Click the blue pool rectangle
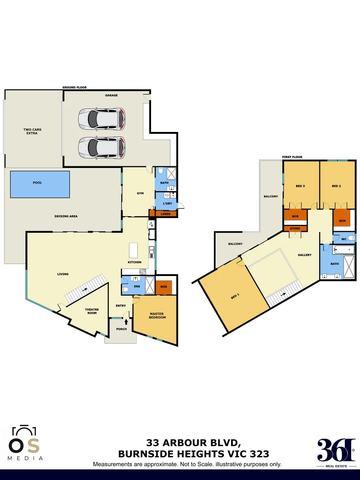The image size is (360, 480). pos(40,184)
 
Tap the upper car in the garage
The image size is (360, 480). pos(102,119)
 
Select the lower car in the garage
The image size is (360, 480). pos(102,147)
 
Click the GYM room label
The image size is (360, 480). pos(140,193)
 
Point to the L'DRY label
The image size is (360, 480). pos(168,203)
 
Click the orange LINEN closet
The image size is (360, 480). pos(165,214)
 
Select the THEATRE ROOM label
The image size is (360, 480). pos(92,311)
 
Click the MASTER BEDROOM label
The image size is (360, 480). pos(157,315)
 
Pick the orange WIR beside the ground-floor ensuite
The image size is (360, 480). pos(163,287)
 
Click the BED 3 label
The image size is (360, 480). pos(300,186)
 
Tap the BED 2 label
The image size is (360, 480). pos(336,186)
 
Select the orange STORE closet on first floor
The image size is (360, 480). pos(295,228)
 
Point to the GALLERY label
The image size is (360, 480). pos(305,255)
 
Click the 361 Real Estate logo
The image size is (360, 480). pos(336,450)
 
